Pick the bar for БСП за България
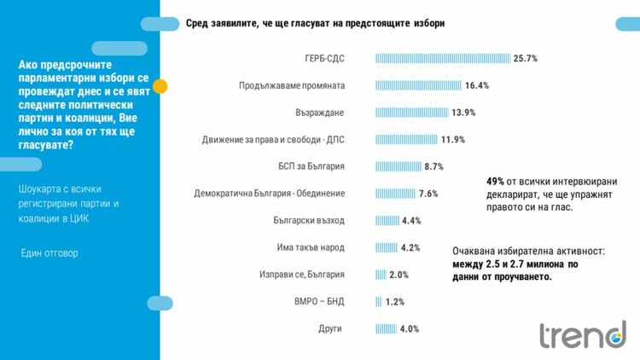[398, 166]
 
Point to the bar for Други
[386, 328]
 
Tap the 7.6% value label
[428, 194]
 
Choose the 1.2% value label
[393, 301]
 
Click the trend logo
[582, 335]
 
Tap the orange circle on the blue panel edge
[160, 86]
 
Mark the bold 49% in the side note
[495, 181]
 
